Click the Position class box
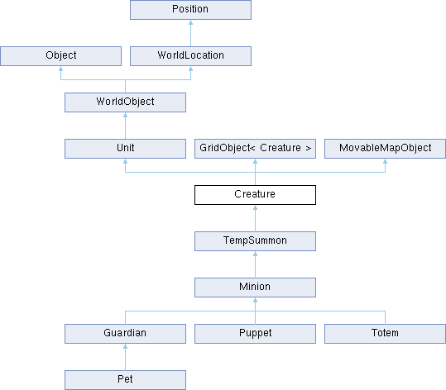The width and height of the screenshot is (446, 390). [x=190, y=10]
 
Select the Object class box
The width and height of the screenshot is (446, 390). [x=61, y=56]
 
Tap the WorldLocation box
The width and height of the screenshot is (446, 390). [x=190, y=56]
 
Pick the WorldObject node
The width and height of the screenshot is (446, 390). [x=126, y=102]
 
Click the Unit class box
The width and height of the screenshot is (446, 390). [x=126, y=149]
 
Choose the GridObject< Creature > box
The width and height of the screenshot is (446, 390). [x=255, y=149]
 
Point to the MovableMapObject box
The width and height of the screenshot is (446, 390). [x=385, y=149]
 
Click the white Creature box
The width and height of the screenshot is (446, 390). [x=255, y=195]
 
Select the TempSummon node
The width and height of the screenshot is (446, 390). [x=255, y=241]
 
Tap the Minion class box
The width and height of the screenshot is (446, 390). [x=255, y=288]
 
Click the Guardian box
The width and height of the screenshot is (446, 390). [x=126, y=334]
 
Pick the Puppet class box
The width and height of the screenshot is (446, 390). [x=255, y=334]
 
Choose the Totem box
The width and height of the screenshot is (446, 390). [x=385, y=334]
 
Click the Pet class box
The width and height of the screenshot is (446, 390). [x=126, y=380]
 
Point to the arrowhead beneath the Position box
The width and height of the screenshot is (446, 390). [x=190, y=22]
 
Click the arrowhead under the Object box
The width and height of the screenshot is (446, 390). [x=61, y=69]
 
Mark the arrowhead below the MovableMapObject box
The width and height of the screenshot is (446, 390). [x=385, y=161]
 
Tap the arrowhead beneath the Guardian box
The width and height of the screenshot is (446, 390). [x=126, y=346]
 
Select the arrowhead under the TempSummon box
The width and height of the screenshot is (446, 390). [x=255, y=254]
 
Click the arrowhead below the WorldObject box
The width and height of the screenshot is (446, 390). [x=126, y=115]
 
